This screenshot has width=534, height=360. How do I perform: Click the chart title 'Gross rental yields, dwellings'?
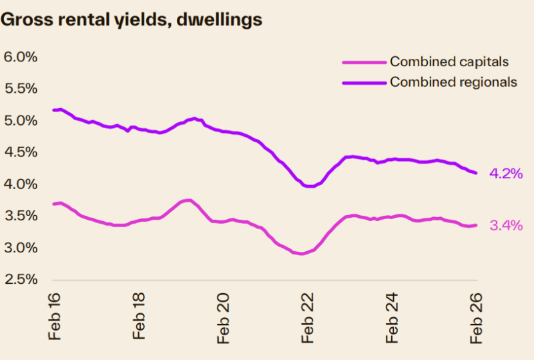[131, 20]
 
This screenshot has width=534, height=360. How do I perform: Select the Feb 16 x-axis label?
[55, 316]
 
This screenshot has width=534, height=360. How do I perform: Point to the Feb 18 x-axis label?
[139, 316]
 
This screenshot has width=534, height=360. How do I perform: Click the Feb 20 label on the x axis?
[224, 316]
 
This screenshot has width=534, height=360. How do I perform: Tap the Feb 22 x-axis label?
[308, 316]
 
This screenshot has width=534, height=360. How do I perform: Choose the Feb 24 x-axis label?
[392, 316]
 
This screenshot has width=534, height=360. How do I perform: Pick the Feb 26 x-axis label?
[477, 316]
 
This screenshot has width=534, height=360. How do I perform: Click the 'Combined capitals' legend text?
[449, 62]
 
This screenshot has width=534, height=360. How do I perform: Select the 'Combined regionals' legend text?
[453, 82]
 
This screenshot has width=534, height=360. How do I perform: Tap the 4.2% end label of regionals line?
[506, 174]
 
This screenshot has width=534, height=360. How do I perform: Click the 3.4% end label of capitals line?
[506, 226]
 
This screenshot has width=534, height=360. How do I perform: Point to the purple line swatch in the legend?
[364, 82]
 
